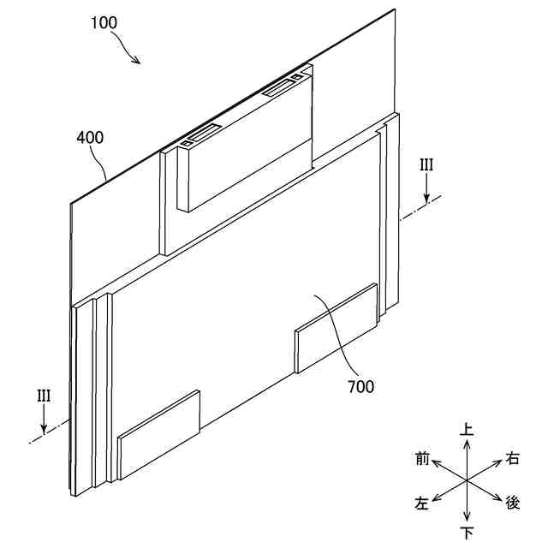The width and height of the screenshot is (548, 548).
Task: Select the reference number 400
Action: pos(91,137)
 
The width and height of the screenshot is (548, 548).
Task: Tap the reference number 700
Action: pos(360,387)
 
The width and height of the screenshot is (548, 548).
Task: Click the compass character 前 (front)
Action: pos(421,459)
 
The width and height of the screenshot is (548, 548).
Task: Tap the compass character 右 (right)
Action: pos(512,459)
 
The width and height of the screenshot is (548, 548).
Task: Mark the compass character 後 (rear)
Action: pos(512,503)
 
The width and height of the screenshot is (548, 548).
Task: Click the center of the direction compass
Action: pos(467,481)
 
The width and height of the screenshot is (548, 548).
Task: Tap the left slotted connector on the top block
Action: pos(200,134)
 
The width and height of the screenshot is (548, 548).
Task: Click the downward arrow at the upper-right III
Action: pos(426,191)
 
